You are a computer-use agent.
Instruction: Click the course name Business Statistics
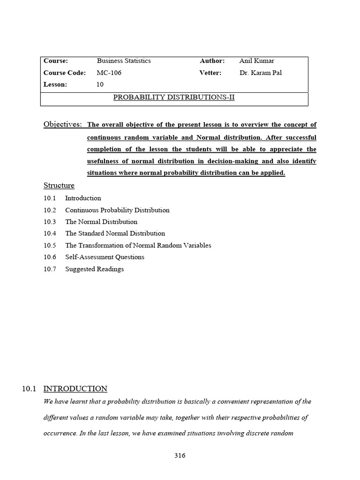[x=124, y=61]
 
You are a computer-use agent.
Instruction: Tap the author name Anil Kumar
[x=256, y=61]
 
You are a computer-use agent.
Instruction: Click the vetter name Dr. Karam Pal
[x=260, y=73]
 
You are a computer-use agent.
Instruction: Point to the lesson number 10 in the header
[x=100, y=84]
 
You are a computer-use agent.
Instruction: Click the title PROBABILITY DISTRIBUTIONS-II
[x=174, y=97]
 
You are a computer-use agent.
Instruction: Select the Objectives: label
[x=63, y=124]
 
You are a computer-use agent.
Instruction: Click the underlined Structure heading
[x=59, y=186]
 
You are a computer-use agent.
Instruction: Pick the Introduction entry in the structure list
[x=83, y=198]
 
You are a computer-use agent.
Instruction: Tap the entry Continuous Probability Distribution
[x=117, y=210]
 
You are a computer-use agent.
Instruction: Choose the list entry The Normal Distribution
[x=101, y=222]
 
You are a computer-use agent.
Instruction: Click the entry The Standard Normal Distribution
[x=115, y=233]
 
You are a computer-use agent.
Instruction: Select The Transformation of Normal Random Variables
[x=138, y=245]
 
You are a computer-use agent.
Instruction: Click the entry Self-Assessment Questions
[x=105, y=257]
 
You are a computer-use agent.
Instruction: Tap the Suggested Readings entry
[x=94, y=269]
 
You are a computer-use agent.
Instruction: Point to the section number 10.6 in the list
[x=50, y=257]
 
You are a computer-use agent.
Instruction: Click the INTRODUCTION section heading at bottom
[x=75, y=389]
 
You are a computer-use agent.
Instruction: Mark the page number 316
[x=180, y=456]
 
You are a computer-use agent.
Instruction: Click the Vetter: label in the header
[x=210, y=73]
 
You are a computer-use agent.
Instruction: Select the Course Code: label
[x=65, y=73]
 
